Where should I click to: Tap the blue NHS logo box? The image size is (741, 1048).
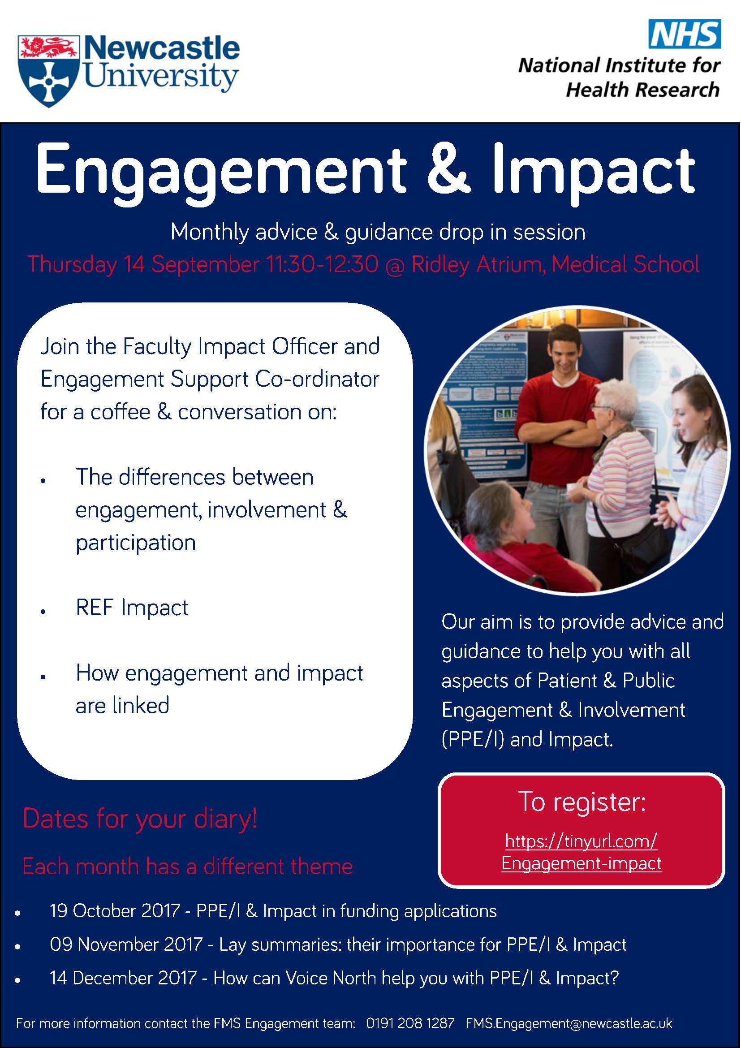point(685,34)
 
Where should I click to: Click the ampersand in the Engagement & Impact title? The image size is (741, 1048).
point(448,168)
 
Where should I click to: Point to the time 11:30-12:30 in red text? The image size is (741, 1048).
point(322,264)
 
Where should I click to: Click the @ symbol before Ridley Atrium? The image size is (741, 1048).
point(395,265)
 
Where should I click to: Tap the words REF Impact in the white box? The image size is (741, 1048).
point(132,608)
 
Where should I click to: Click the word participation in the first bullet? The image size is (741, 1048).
point(135,543)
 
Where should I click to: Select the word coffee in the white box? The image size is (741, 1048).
point(121,412)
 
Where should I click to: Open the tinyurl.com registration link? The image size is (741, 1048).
point(582,852)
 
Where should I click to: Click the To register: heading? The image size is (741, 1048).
point(582,802)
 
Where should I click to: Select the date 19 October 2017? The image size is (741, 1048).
point(115,910)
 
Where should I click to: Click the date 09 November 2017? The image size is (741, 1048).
point(126,944)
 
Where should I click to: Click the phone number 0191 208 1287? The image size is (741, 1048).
point(410,1023)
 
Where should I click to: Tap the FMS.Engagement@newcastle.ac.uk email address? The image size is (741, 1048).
point(569,1023)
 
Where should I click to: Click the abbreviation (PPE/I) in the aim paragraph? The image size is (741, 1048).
point(473,739)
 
